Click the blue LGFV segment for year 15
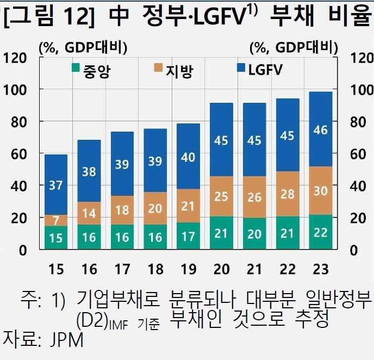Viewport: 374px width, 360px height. click(56, 185)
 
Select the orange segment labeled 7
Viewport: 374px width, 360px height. click(56, 220)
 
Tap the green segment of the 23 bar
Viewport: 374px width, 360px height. click(317, 232)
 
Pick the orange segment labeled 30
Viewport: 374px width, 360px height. click(317, 190)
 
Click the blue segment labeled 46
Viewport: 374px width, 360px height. click(317, 129)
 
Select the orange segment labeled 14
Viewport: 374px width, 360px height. click(89, 213)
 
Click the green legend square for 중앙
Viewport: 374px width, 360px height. click(76, 69)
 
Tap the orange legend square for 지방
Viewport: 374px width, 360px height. click(158, 69)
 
